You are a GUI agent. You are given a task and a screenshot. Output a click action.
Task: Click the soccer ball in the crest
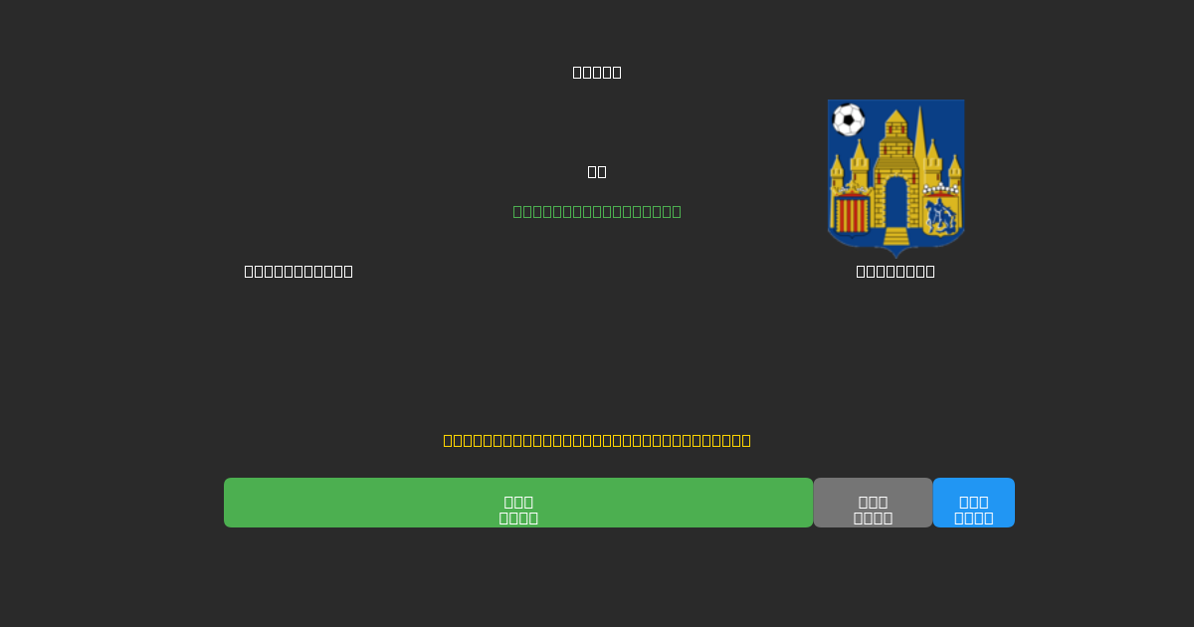point(848,119)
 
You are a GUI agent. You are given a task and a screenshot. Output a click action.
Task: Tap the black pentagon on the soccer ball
point(848,120)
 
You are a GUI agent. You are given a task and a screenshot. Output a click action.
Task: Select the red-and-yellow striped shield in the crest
point(852,213)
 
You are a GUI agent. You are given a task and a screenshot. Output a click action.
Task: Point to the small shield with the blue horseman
point(939,214)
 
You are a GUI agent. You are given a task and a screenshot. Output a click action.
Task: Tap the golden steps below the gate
point(895,236)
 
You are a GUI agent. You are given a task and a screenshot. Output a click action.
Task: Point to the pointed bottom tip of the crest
point(895,254)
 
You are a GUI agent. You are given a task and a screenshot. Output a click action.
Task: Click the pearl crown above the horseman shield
point(940,188)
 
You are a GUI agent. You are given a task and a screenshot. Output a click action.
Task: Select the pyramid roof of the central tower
point(895,117)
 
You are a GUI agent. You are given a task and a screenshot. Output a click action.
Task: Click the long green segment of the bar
point(518,503)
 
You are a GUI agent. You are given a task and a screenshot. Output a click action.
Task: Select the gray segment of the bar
point(873,503)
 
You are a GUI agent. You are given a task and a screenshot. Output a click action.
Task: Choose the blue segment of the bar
point(973,503)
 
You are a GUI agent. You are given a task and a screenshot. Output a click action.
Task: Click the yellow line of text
point(597,440)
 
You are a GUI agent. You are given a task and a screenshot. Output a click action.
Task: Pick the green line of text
point(597,211)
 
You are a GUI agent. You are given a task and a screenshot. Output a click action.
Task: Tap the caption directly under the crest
point(895,271)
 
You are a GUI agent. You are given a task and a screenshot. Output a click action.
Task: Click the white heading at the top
point(597,72)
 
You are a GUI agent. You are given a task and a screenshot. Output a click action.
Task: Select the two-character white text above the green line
point(597,171)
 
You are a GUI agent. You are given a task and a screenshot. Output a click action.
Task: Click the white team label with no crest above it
point(298,271)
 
